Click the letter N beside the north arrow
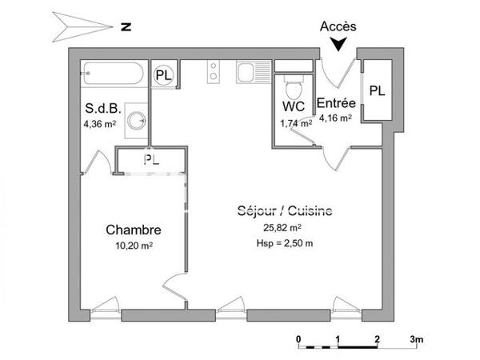tap(125, 26)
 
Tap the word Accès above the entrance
tap(338, 26)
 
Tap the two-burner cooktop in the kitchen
tap(214, 73)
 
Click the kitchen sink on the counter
tap(254, 74)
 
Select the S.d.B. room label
tap(102, 109)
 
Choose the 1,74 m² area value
tap(294, 122)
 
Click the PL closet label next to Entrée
tap(376, 91)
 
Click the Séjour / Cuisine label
tap(285, 211)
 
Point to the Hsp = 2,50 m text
tap(284, 243)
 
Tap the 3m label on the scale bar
tap(417, 339)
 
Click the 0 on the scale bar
tap(298, 339)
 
